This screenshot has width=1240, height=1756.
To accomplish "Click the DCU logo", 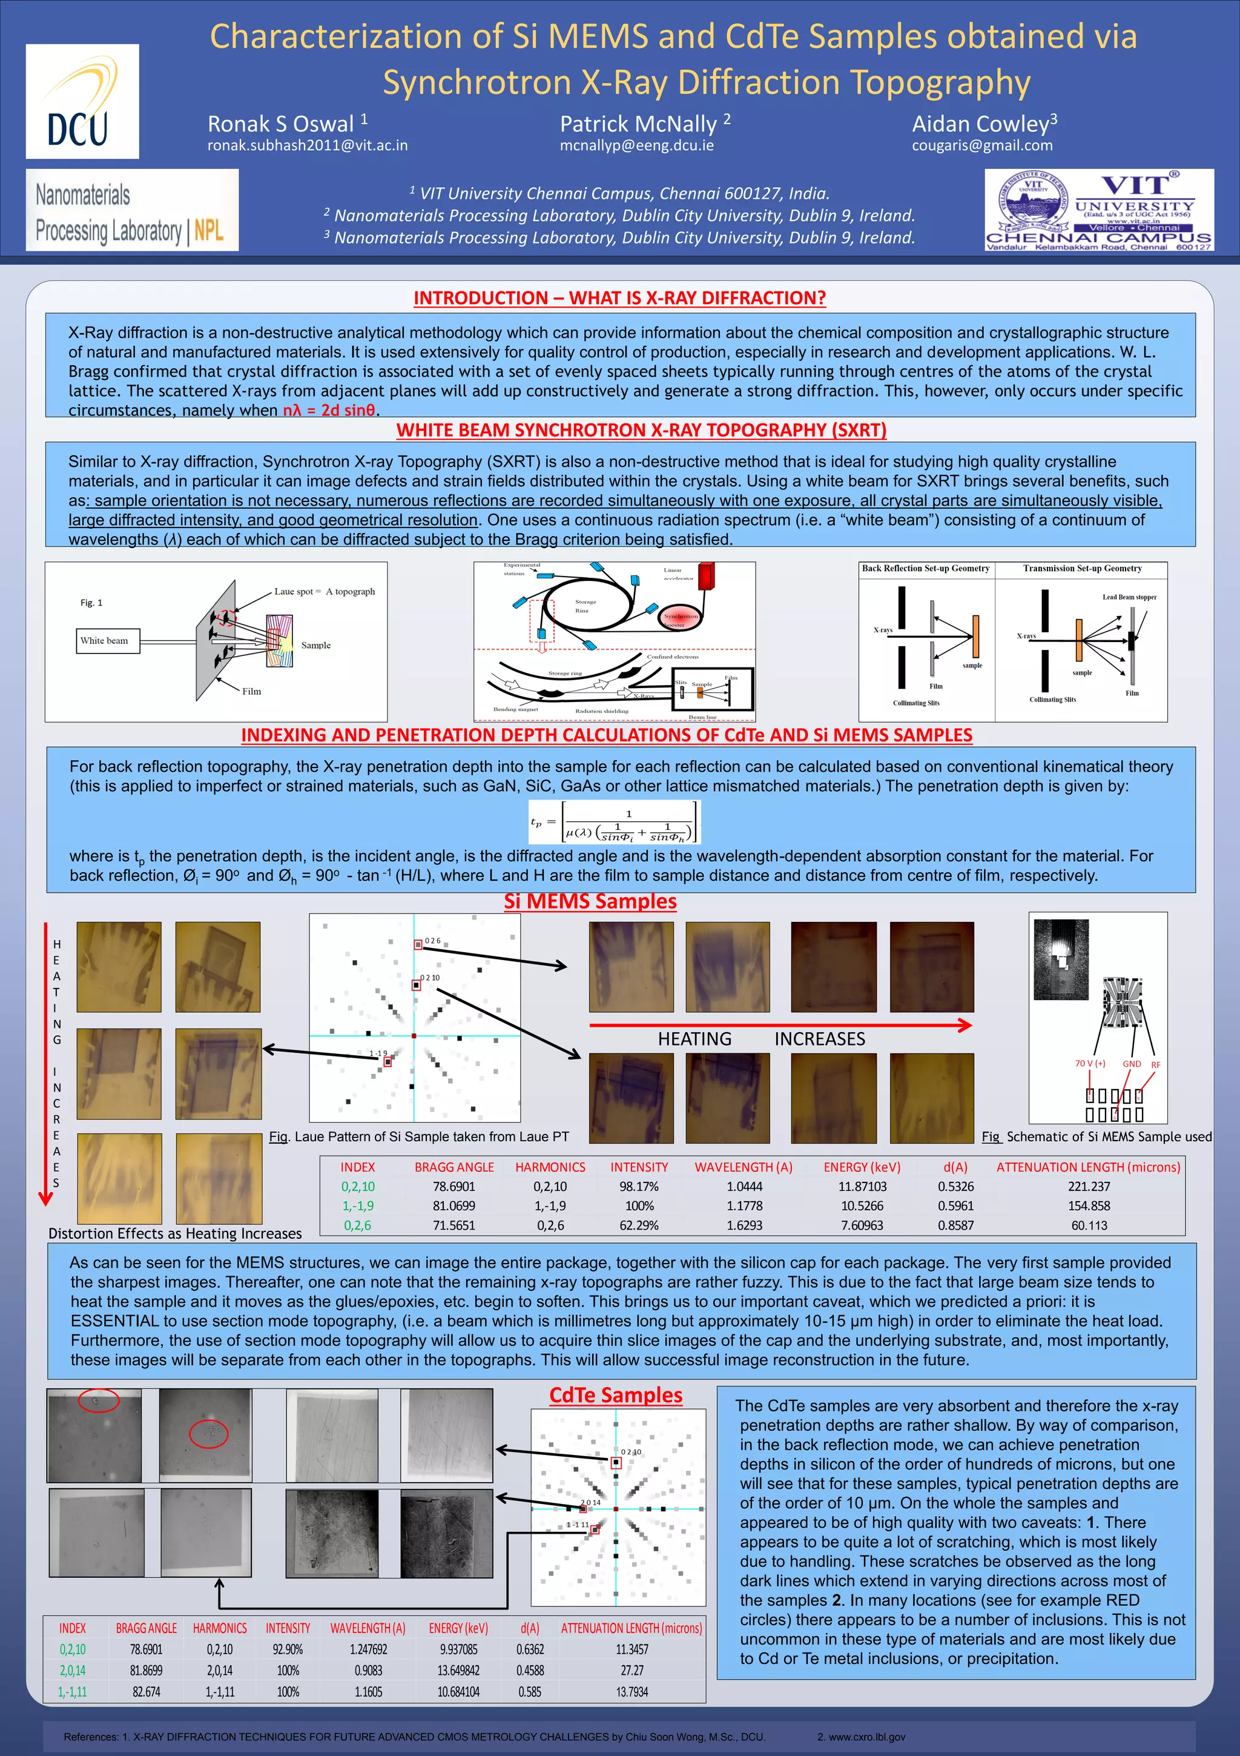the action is [x=82, y=102].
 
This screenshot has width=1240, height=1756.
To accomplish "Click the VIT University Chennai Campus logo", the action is [x=1098, y=210].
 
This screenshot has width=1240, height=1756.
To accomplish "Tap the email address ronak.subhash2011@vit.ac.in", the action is [x=308, y=145].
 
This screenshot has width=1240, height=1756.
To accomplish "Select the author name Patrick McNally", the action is [x=638, y=124].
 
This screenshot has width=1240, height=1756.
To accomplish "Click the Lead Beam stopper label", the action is [x=1129, y=597].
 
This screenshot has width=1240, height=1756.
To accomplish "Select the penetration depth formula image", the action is [x=614, y=822].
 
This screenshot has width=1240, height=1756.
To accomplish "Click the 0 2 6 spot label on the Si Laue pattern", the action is [x=433, y=941].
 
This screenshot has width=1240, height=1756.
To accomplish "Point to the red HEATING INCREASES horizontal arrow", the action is [x=780, y=1025].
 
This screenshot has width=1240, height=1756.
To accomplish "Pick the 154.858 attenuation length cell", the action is [x=1089, y=1206].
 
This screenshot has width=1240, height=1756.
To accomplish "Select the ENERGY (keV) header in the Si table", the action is [x=862, y=1167].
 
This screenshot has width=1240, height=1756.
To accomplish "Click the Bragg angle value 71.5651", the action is [x=453, y=1225].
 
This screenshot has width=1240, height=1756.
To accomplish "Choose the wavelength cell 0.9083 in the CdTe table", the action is [x=368, y=1671].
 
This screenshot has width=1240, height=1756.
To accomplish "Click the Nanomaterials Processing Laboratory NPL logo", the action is [x=132, y=210].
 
